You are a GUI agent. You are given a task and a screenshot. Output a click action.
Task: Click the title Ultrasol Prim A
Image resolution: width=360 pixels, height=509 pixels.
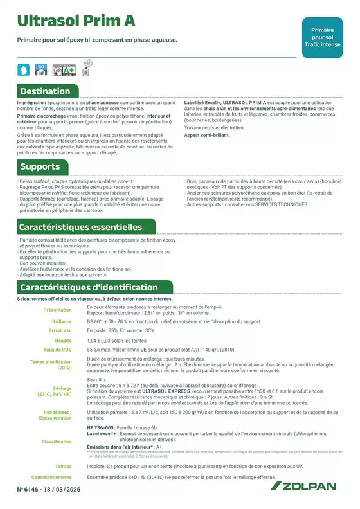coord(76,21)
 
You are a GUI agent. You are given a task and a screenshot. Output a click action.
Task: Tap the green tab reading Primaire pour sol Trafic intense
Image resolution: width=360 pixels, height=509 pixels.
coord(327,37)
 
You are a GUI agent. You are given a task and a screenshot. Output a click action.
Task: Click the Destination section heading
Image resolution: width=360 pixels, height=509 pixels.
coord(45,91)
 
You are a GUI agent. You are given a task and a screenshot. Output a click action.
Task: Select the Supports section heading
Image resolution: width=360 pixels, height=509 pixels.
coord(40,167)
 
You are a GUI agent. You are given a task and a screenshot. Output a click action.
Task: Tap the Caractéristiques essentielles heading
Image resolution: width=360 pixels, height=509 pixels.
coord(80,227)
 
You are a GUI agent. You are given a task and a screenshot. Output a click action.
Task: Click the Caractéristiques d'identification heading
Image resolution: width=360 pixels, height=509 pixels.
coord(89,287)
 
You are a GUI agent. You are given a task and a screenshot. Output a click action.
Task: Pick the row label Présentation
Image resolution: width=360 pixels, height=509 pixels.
coord(57,310)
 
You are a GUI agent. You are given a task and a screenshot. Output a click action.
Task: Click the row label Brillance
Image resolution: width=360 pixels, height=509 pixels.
coord(62,321)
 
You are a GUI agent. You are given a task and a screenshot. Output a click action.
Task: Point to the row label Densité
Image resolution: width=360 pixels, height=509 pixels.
coord(63,340)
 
